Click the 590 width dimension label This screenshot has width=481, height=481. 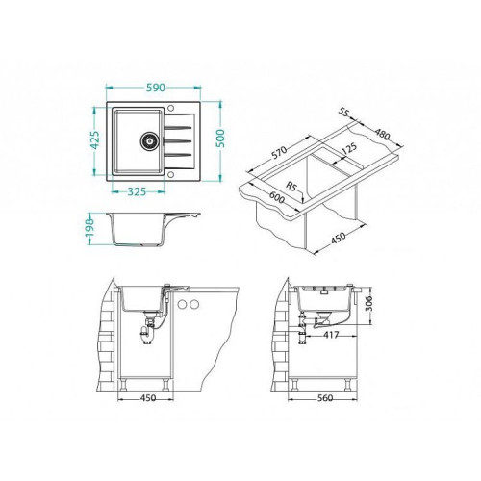[156, 88]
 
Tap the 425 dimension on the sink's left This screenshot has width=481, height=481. [95, 140]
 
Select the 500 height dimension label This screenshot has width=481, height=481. [220, 139]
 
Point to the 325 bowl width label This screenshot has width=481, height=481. [137, 191]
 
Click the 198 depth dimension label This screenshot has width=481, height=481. [89, 227]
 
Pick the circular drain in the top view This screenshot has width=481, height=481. [149, 140]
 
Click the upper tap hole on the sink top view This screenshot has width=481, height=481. [171, 107]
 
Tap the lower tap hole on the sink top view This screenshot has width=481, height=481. [171, 175]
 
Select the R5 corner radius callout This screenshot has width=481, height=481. [291, 187]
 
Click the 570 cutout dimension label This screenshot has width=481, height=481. [279, 153]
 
